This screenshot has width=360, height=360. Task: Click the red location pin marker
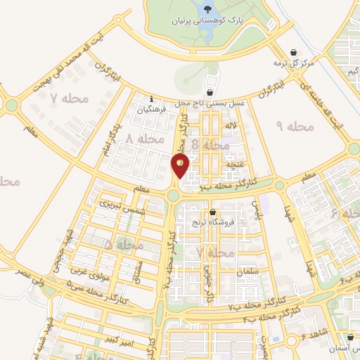[180, 165]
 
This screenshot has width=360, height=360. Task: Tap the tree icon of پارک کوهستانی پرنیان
[207, 9]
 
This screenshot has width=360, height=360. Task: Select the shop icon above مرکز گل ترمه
[294, 51]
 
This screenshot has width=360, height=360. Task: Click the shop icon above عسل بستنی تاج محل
[210, 92]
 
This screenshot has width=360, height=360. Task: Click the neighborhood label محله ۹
[295, 127]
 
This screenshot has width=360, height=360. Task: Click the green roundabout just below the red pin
[174, 195]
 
